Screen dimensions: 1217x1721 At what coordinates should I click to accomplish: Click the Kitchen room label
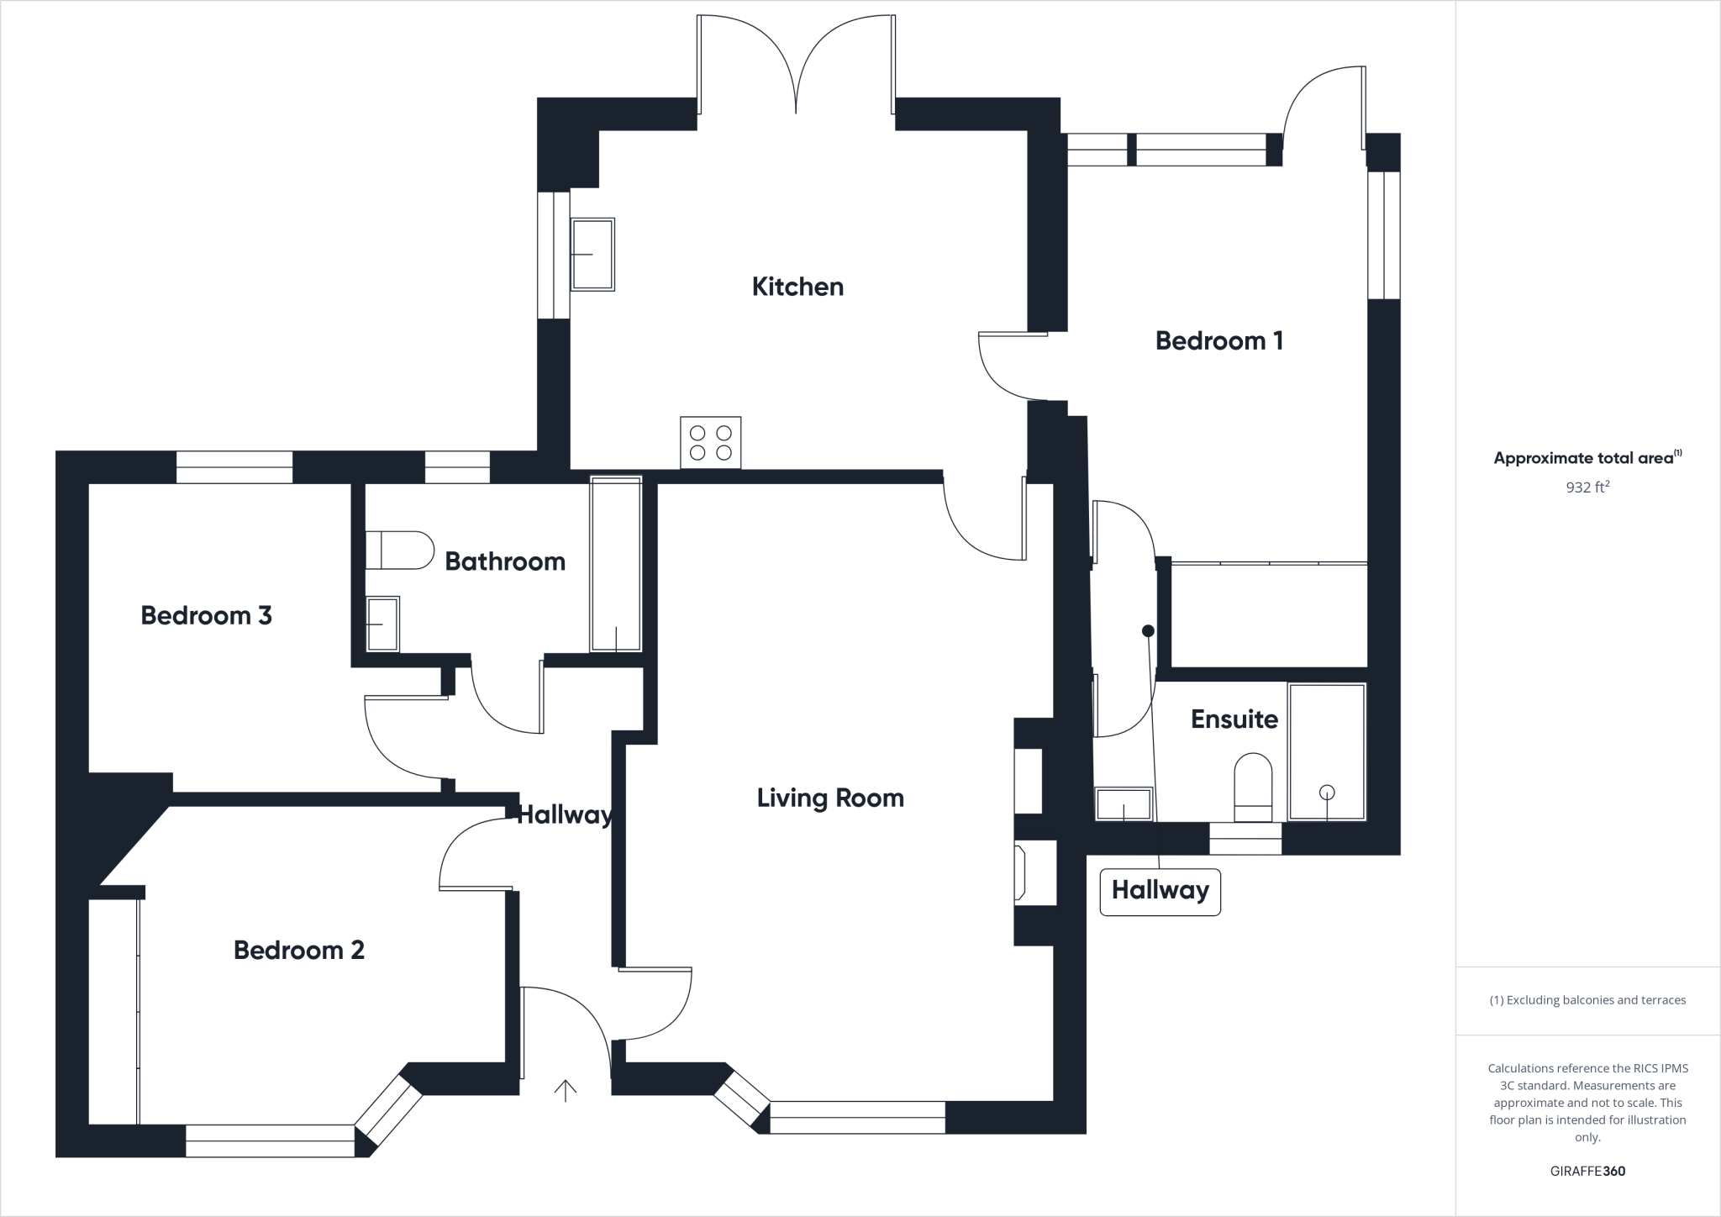coord(797,287)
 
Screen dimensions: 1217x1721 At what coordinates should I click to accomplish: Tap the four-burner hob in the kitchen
coord(710,442)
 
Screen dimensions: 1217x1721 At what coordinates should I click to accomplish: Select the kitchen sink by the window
coord(592,254)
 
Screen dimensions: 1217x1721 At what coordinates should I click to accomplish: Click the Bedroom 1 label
coord(1218,340)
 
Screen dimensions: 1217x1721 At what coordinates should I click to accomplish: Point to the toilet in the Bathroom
coord(399,550)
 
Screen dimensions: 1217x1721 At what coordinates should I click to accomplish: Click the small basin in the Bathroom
coord(382,624)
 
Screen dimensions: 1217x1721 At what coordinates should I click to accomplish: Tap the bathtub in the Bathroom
coord(616,563)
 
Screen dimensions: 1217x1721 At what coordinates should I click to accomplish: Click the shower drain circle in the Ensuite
coord(1327,792)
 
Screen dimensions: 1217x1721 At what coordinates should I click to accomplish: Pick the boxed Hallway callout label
coord(1160,890)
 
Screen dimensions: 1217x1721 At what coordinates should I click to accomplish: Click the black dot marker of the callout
coord(1148,630)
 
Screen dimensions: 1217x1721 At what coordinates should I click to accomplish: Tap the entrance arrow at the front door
coord(566,1090)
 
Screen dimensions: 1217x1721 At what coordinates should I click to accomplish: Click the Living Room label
coord(830,798)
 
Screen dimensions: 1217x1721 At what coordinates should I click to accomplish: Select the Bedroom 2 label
coord(298,950)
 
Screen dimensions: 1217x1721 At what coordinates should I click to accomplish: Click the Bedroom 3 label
coord(206,615)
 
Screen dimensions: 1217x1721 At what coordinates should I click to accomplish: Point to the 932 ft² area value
coord(1587,487)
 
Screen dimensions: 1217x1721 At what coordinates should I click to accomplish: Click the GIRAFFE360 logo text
coord(1587,1171)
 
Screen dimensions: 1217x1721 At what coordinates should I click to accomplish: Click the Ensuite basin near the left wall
coord(1124,803)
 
